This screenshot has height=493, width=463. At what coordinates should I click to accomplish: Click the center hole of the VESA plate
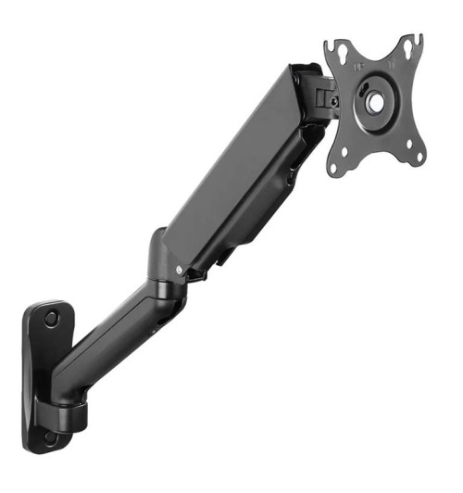coord(374,101)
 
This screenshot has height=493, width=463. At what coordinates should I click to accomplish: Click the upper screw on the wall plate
coord(50,318)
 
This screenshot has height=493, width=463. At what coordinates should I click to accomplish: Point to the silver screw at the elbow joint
coord(179,270)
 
